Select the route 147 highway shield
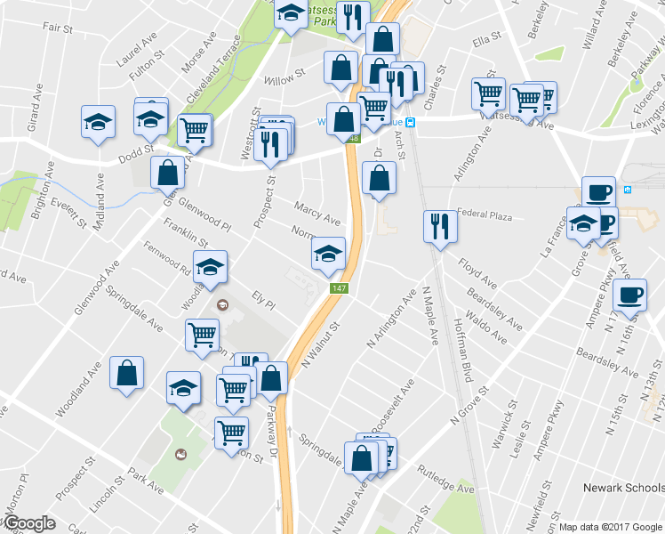tap(339, 288)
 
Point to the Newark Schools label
tap(622, 488)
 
